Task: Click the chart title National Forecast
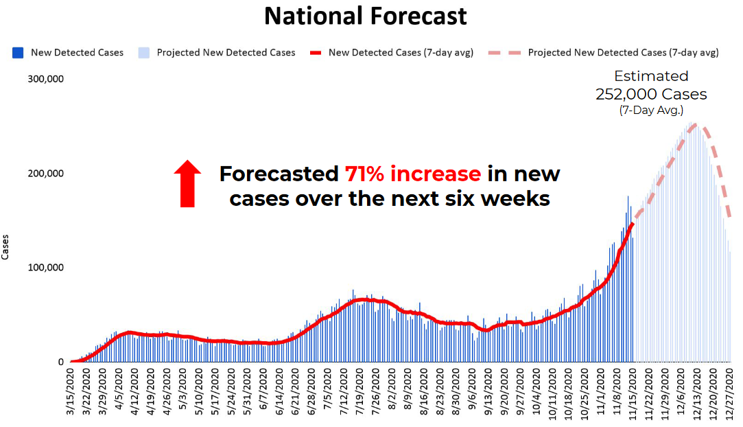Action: (x=366, y=15)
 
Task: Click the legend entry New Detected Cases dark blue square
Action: (x=19, y=52)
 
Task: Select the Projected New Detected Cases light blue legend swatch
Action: (x=143, y=52)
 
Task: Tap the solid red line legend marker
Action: (x=316, y=52)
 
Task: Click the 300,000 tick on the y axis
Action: (x=45, y=78)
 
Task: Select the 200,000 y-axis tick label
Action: (x=45, y=173)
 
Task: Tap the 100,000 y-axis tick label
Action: (x=45, y=267)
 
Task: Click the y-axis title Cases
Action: (x=6, y=247)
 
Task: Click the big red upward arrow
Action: (x=187, y=183)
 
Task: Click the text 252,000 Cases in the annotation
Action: (x=650, y=95)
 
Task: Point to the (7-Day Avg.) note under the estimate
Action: (x=650, y=110)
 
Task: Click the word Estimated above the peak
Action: (x=650, y=76)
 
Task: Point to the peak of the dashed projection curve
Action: (x=696, y=126)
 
